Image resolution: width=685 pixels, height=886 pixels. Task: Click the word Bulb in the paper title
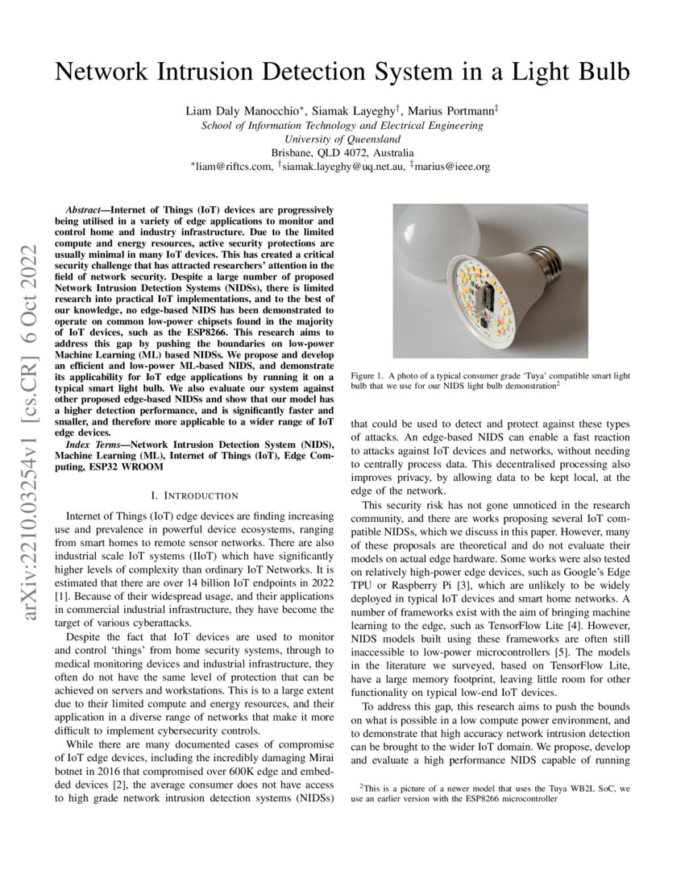click(x=600, y=72)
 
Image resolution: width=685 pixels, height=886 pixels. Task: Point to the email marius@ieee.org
click(x=453, y=167)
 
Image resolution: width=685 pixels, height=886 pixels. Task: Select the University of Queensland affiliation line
click(x=342, y=139)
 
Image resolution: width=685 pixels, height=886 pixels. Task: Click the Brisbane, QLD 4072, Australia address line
click(x=342, y=153)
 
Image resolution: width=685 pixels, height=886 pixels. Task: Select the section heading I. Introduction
click(x=194, y=495)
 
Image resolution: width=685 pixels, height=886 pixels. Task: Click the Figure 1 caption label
click(x=371, y=376)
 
